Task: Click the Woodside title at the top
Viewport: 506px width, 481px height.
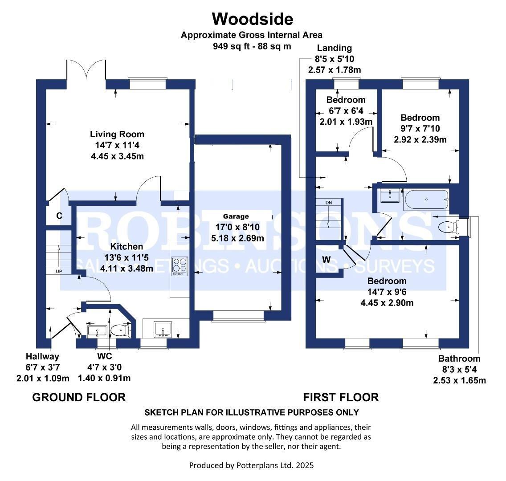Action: click(252, 19)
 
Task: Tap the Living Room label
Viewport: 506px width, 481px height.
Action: click(117, 134)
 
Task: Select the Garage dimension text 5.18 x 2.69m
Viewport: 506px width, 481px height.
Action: click(237, 238)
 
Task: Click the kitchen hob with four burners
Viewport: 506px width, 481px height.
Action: click(180, 266)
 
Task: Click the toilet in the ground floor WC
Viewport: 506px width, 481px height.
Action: click(119, 330)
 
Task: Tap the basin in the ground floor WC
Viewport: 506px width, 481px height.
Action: click(97, 330)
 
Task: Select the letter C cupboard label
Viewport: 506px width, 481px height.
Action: click(59, 216)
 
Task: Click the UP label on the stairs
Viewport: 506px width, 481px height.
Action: click(59, 271)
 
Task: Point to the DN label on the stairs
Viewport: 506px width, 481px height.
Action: click(329, 203)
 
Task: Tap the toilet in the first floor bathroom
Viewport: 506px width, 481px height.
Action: click(448, 227)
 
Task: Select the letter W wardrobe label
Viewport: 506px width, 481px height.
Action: click(326, 259)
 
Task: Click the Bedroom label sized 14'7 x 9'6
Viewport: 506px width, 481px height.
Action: click(387, 281)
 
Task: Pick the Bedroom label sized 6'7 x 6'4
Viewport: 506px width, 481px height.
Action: click(346, 100)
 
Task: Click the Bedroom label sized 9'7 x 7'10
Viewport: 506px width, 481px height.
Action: click(420, 118)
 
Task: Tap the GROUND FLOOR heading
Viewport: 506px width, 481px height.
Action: click(79, 397)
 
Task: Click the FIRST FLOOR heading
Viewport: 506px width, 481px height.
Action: click(341, 397)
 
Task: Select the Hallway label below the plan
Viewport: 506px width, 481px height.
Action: click(42, 356)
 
